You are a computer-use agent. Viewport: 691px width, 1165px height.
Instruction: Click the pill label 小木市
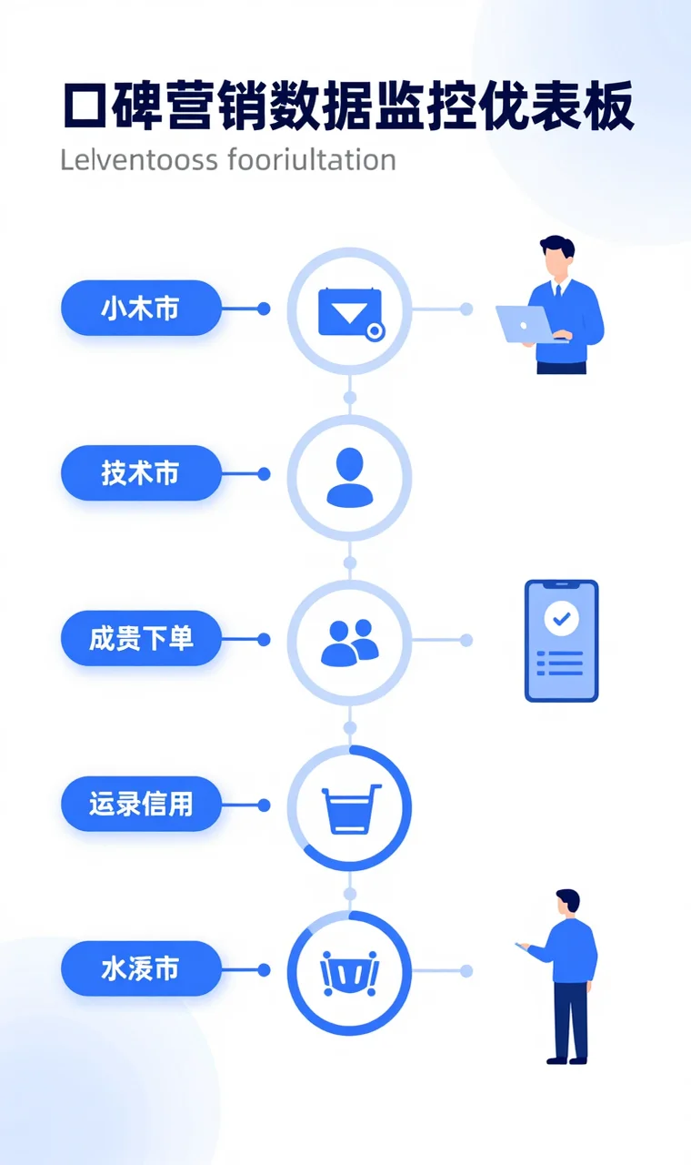pos(141,309)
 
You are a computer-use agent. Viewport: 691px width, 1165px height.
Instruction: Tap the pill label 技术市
pos(141,473)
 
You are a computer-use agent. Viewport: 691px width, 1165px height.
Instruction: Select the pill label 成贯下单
pos(141,639)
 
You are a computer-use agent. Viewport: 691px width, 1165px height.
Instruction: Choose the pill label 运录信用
pos(141,805)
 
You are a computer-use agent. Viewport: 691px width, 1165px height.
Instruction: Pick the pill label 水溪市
pos(141,969)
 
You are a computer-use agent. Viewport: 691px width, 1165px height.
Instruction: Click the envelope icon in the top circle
pos(350,312)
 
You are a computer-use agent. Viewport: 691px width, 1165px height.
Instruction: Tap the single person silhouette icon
pos(350,477)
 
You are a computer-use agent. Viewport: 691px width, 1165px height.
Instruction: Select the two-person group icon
pos(350,641)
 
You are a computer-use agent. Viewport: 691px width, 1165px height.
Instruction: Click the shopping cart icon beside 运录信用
pos(350,808)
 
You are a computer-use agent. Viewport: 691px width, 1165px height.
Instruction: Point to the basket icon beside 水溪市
pos(350,972)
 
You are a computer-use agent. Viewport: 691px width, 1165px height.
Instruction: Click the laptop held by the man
pos(526,324)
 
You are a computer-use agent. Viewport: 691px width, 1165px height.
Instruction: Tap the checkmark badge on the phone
pos(561,619)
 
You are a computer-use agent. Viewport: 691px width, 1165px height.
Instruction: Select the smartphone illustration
pos(561,641)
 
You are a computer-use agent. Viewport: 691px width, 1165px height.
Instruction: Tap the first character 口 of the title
pos(86,107)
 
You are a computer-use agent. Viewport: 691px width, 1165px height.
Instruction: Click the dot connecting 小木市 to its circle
pos(264,309)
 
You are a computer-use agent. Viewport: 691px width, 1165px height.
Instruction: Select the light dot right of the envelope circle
pos(466,309)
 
